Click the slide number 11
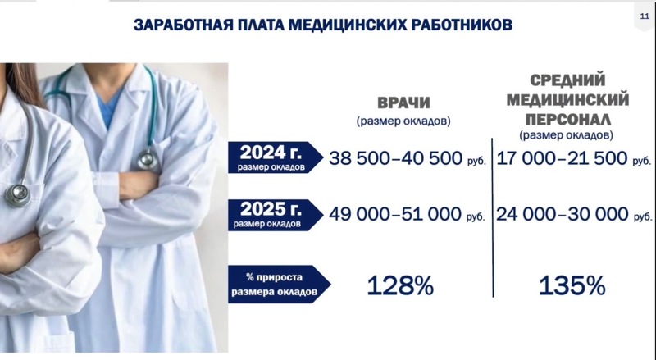pyautogui.click(x=645, y=16)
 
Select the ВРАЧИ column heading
pyautogui.click(x=403, y=103)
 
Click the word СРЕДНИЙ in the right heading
pyautogui.click(x=567, y=80)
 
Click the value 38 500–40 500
pyautogui.click(x=395, y=158)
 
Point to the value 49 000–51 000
pyautogui.click(x=395, y=214)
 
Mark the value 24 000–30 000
pyautogui.click(x=563, y=214)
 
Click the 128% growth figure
pyautogui.click(x=400, y=286)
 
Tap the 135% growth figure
pyautogui.click(x=572, y=286)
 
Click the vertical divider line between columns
pyautogui.click(x=493, y=217)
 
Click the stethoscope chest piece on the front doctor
pyautogui.click(x=18, y=195)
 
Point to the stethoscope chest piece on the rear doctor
pyautogui.click(x=148, y=159)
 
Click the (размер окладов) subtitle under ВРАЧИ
pyautogui.click(x=403, y=121)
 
